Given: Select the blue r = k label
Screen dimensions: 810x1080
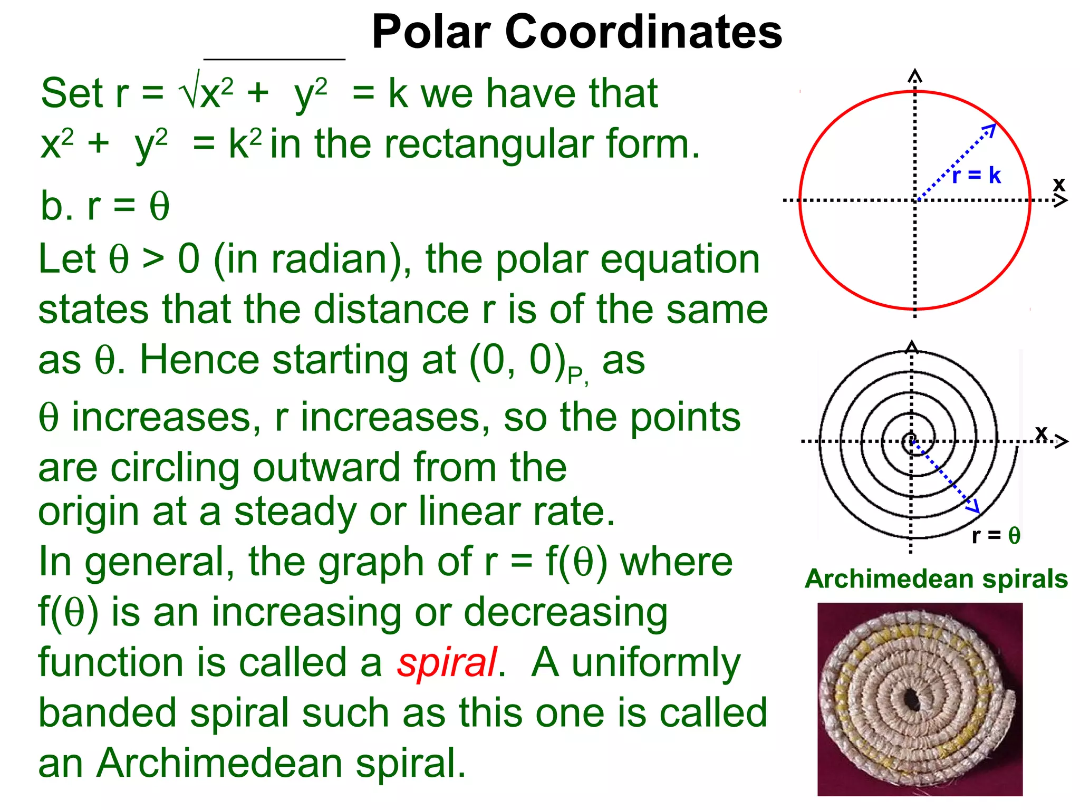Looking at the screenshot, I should [x=977, y=175].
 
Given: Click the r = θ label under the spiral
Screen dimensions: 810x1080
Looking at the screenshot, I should [x=996, y=535].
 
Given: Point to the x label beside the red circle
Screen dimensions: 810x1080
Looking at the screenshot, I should [x=1059, y=184].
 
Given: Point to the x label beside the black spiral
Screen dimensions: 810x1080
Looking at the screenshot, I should [x=1041, y=432].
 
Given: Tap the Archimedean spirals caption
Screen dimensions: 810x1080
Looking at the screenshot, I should [x=936, y=578].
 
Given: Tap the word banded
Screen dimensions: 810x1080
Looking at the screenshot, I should [x=108, y=713].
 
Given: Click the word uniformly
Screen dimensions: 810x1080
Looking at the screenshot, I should [x=656, y=663].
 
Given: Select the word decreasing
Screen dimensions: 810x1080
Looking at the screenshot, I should [x=565, y=613].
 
